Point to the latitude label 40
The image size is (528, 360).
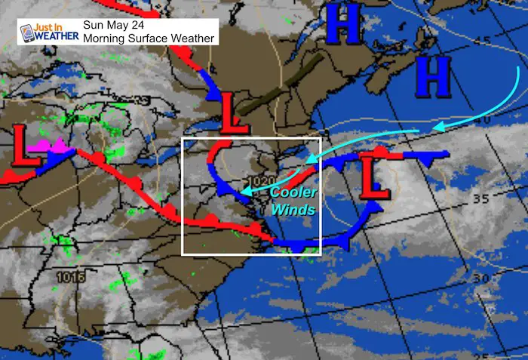[483, 120]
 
